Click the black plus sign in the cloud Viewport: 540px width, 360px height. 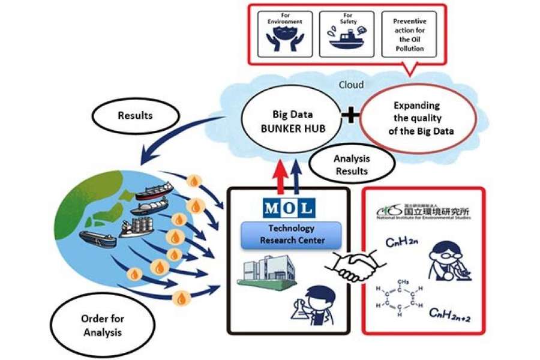(350, 115)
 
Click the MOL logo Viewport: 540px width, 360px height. (289, 208)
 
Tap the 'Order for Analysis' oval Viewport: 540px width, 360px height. (102, 325)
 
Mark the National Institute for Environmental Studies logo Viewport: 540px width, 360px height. (424, 213)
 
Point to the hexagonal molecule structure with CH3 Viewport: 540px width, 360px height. (401, 295)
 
